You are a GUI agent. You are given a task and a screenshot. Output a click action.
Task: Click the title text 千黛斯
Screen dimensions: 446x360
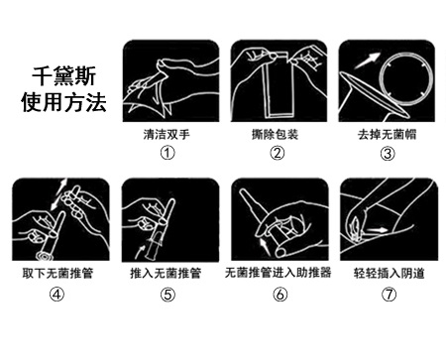click(63, 76)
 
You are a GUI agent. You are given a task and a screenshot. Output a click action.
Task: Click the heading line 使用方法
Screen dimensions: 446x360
click(63, 102)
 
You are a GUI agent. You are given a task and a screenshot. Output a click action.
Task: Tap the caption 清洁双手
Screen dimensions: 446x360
click(167, 134)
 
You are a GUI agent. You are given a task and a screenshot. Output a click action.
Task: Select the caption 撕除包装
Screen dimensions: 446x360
click(276, 134)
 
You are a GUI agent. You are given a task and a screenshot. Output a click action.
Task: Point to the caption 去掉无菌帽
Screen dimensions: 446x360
click(387, 135)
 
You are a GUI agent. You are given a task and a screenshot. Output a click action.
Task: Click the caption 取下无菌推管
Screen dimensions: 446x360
click(57, 273)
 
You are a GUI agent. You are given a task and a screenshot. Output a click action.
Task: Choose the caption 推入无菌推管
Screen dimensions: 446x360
click(166, 273)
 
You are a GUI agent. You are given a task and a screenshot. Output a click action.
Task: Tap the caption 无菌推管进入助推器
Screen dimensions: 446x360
click(278, 273)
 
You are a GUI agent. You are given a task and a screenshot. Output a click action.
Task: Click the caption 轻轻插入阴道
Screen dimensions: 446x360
click(390, 273)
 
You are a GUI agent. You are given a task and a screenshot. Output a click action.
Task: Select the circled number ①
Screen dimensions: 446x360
click(167, 153)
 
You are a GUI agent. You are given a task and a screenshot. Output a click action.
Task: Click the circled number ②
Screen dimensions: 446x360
click(278, 153)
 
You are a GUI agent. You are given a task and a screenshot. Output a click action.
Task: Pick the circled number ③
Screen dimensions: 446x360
click(388, 154)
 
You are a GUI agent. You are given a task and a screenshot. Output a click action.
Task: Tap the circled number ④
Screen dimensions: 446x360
click(56, 295)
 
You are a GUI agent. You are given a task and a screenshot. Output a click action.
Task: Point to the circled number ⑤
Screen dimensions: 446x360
click(167, 295)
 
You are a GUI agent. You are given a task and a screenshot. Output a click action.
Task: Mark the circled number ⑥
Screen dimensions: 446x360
click(279, 295)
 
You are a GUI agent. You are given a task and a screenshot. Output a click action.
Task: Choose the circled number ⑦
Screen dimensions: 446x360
click(389, 295)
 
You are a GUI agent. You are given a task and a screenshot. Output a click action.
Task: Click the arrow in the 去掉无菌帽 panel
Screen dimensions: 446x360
click(367, 60)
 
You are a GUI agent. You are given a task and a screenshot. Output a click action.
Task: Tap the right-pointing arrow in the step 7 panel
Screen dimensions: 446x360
click(377, 230)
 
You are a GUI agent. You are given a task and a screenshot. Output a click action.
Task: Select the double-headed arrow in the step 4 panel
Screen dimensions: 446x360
click(59, 194)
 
